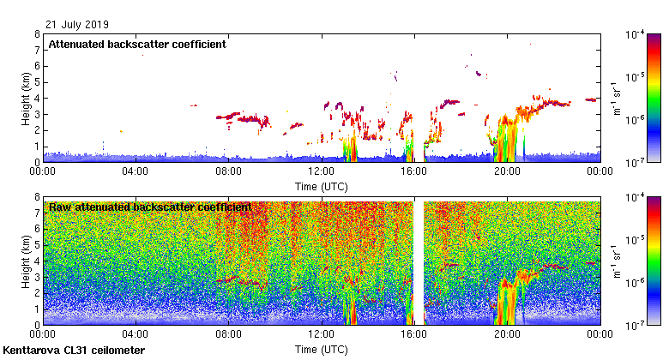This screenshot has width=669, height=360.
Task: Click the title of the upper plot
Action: [x=136, y=45]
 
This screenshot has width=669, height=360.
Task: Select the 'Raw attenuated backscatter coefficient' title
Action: [x=150, y=207]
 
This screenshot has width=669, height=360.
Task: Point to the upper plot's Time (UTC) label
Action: [x=322, y=185]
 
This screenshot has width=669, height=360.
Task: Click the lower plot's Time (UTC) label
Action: [x=322, y=350]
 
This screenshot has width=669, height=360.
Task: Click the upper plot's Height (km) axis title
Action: [x=26, y=98]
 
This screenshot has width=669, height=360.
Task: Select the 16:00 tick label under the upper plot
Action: [x=414, y=171]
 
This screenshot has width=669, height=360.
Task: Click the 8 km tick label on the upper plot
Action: [x=36, y=35]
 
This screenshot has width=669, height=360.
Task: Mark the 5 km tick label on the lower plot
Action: [x=36, y=245]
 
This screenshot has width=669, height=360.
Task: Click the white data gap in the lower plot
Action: [x=419, y=257]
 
